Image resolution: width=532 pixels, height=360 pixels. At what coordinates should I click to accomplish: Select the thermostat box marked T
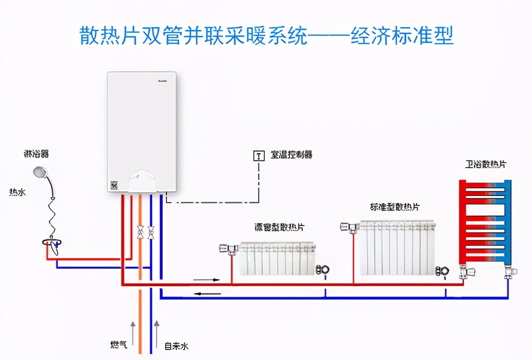259,156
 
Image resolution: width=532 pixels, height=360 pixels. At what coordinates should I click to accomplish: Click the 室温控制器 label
291,155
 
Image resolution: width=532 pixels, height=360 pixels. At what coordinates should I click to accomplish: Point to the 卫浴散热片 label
485,165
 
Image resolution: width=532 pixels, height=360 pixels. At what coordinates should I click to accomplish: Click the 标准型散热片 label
397,207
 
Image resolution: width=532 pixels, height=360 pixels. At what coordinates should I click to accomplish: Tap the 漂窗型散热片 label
280,227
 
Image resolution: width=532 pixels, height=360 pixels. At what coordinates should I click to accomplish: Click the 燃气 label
118,345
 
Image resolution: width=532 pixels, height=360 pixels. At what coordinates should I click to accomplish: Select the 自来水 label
176,346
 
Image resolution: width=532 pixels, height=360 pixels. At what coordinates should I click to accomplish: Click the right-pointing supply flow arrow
207,279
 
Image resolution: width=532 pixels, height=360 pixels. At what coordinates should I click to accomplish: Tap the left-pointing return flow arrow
207,293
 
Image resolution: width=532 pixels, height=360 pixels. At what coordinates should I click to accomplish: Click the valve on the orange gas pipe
140,232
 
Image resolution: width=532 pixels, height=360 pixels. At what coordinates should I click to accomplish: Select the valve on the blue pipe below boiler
151,232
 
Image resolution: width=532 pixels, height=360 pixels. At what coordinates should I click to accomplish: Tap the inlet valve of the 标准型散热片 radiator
349,226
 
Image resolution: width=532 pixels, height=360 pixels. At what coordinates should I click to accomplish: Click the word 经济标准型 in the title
402,36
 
